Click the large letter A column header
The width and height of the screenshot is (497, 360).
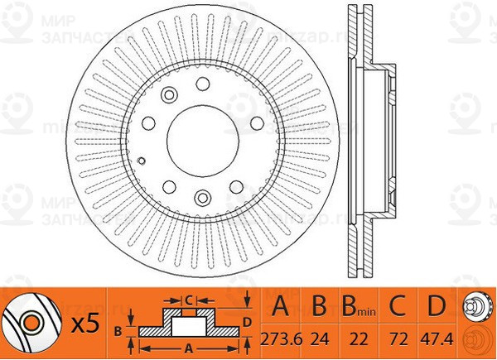281,310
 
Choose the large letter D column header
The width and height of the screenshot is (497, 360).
432,310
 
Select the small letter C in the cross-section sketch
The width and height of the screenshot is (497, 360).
189,299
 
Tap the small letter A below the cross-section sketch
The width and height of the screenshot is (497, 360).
189,348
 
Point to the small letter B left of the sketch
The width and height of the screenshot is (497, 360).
118,330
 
